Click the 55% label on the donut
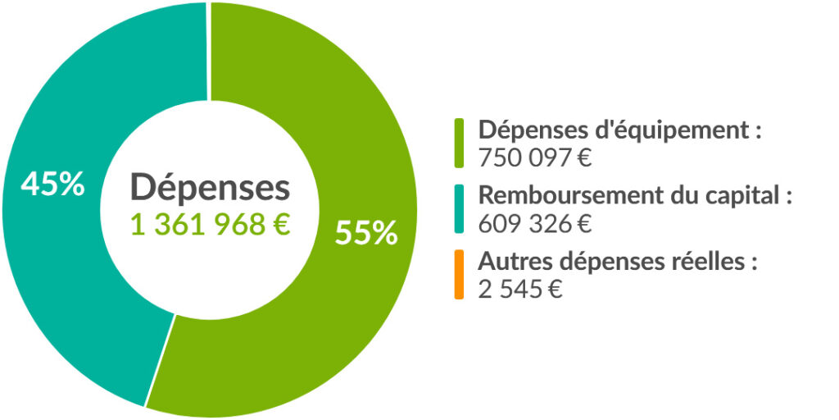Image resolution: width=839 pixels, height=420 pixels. tap(365, 233)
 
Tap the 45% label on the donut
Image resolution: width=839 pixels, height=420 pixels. tap(52, 184)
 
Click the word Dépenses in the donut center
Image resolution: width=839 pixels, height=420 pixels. tap(210, 188)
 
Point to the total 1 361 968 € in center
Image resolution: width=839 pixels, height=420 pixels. tap(210, 224)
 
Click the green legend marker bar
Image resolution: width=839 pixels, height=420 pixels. tap(459, 143)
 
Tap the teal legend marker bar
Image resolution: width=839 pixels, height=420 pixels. tap(459, 209)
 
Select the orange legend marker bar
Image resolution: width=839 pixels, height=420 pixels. tap(459, 276)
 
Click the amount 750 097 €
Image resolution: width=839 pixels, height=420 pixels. tap(534, 157)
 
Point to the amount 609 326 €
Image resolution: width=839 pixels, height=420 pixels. tap(534, 223)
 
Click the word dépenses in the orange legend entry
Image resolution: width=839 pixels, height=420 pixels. tap(599, 263)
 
